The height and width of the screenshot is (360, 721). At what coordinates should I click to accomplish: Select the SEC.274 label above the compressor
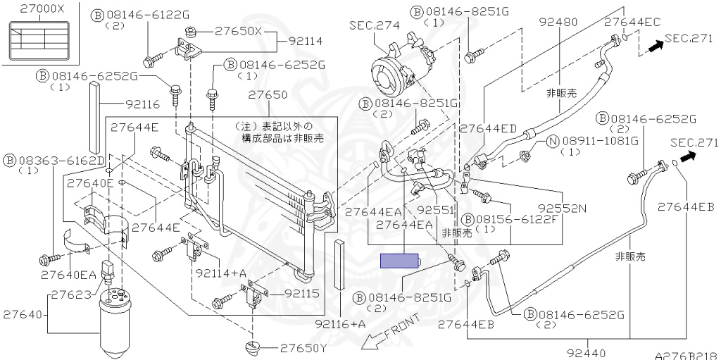(x=374, y=25)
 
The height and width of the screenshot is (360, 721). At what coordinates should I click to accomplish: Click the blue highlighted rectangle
(x=399, y=261)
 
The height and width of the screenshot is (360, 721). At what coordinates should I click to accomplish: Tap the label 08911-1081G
(x=598, y=142)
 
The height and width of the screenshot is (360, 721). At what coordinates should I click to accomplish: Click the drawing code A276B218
(x=685, y=356)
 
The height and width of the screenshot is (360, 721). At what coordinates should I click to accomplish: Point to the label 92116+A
(x=341, y=324)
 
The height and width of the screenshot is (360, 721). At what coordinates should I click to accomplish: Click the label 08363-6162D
(x=58, y=159)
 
